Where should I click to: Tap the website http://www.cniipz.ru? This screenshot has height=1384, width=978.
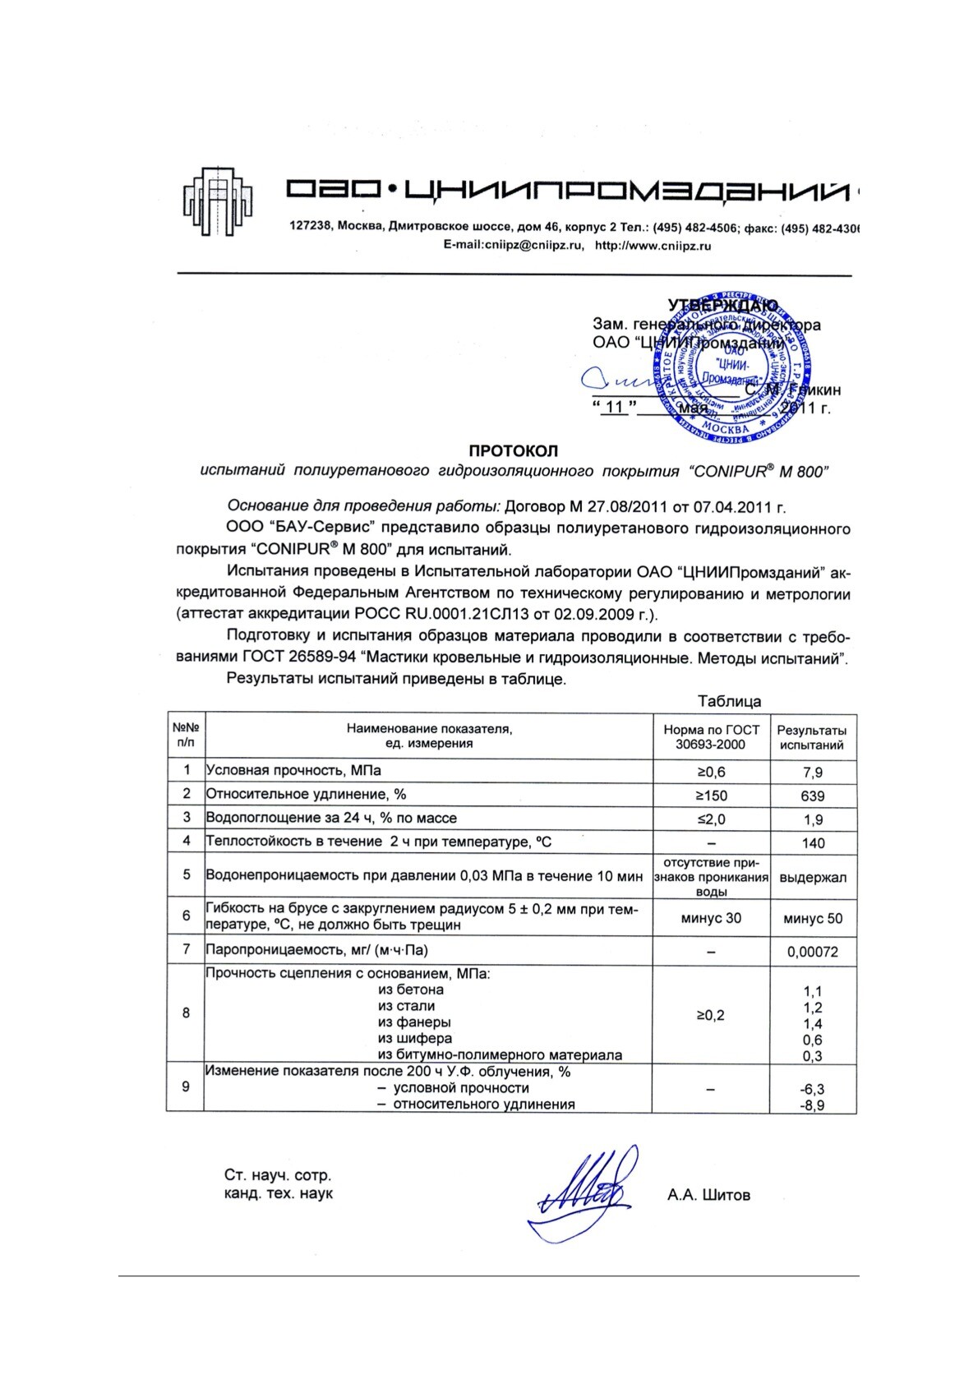(653, 245)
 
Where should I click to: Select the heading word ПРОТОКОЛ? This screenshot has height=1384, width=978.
(513, 450)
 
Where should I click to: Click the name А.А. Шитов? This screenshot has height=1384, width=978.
(708, 1195)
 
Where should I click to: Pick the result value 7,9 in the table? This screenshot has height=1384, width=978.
(812, 773)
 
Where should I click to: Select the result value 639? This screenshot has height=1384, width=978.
(812, 796)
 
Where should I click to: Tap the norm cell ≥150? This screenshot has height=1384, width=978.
(711, 796)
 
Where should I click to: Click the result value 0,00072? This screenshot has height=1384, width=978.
(812, 952)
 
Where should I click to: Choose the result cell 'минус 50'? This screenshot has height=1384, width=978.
(812, 919)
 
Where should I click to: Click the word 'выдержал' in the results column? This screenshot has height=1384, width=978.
(812, 878)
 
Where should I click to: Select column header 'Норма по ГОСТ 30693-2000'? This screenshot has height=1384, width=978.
(711, 737)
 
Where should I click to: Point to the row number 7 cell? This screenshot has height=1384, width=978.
(187, 950)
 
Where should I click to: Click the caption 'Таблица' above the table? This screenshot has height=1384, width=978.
(729, 701)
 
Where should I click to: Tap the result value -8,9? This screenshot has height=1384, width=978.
(812, 1105)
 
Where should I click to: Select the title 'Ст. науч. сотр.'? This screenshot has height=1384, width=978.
(278, 1176)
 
